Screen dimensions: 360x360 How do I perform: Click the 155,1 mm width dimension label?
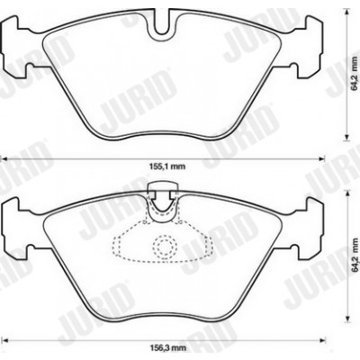tap(167, 166)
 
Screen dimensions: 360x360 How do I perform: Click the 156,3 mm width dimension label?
tap(168, 348)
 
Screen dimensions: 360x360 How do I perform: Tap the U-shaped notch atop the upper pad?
tap(163, 29)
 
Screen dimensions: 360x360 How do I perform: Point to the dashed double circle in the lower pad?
tap(163, 247)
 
